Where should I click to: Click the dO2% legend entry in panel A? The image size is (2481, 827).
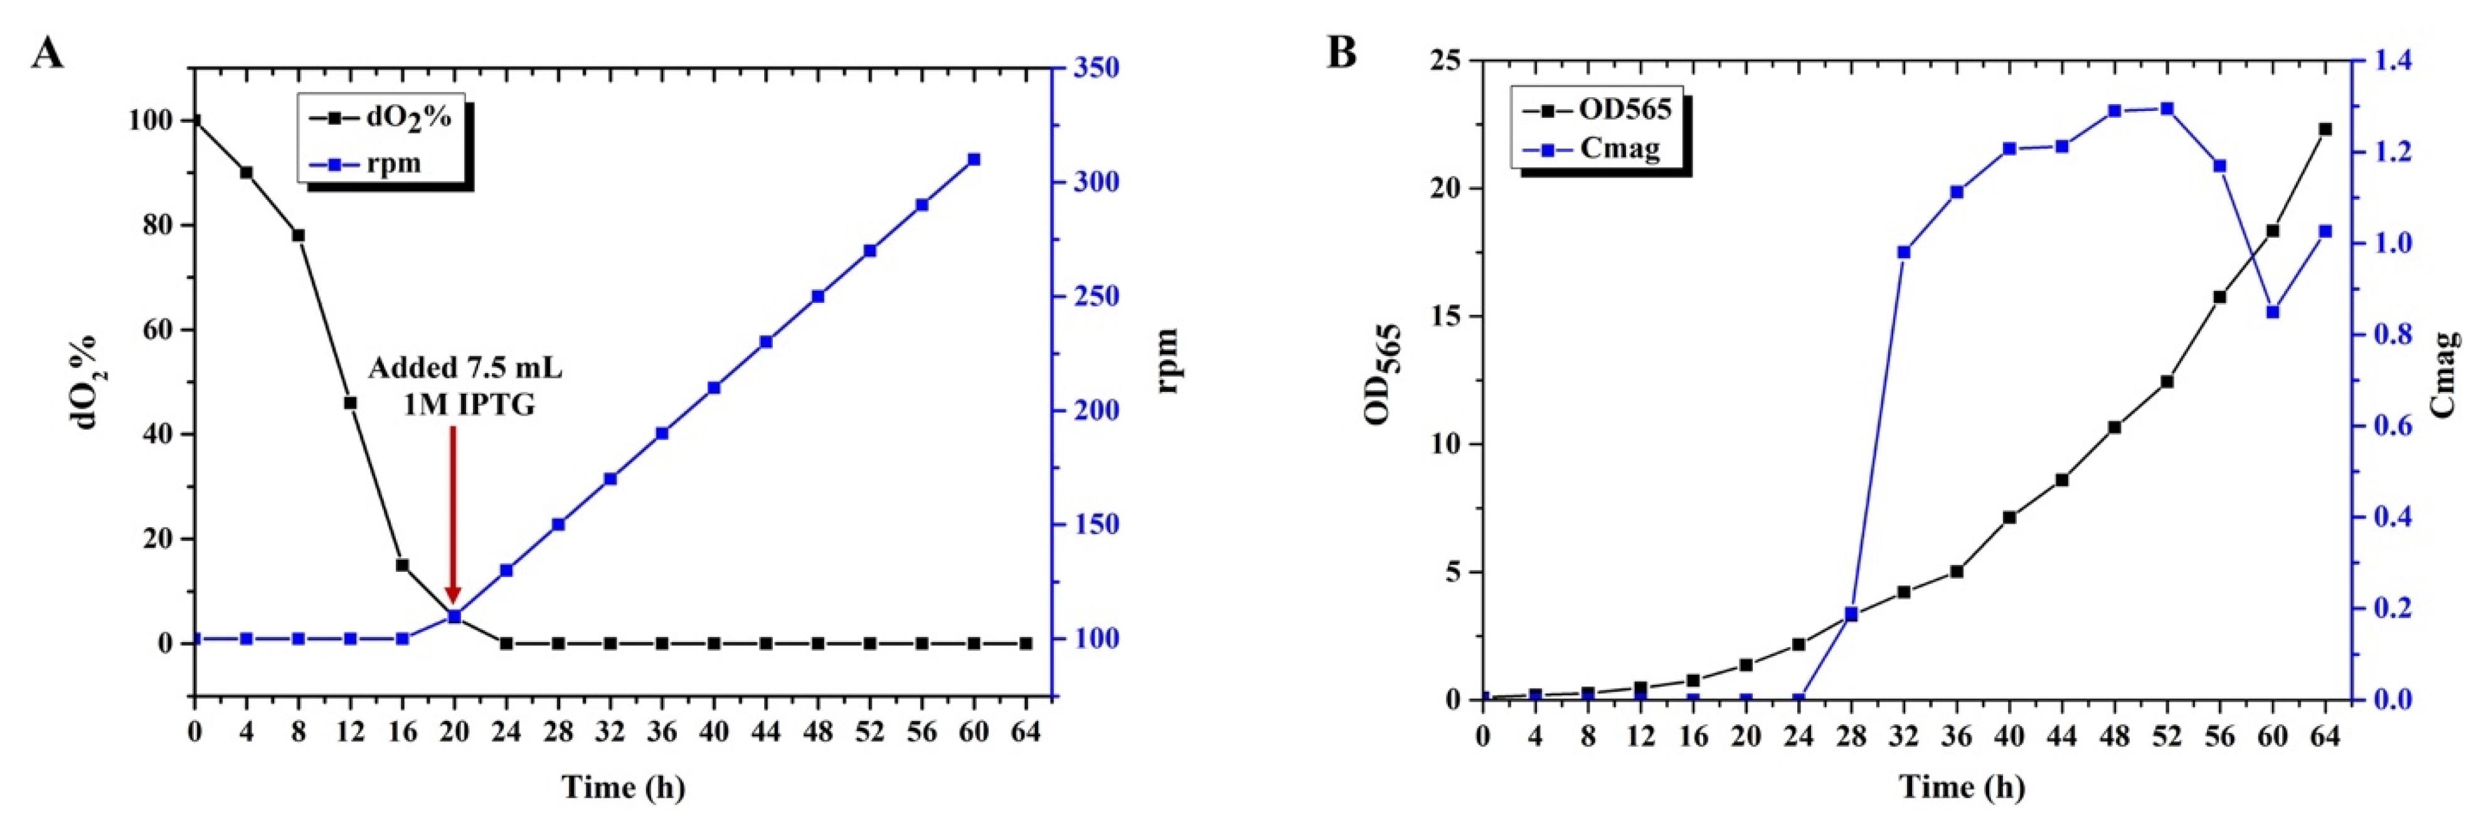click(380, 117)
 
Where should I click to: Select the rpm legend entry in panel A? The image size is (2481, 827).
click(366, 164)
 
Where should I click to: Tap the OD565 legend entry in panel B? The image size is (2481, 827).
click(1599, 109)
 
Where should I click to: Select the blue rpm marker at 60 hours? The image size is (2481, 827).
click(974, 159)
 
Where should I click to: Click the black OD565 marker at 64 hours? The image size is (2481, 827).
click(2325, 129)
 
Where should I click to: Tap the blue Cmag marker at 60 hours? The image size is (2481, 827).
click(2273, 312)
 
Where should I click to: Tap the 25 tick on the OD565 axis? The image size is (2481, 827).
click(1446, 61)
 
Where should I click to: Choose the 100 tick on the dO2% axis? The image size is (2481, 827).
click(156, 120)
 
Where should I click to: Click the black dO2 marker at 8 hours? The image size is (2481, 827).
click(299, 235)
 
